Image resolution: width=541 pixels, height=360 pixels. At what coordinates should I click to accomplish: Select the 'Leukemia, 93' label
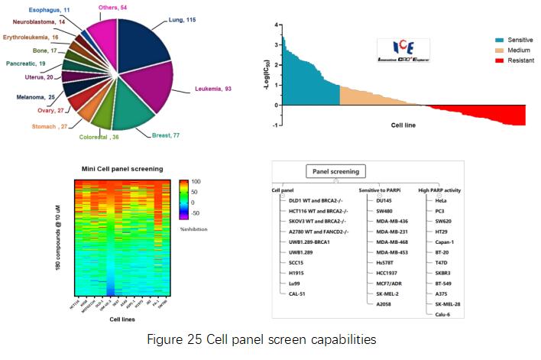(x=212, y=89)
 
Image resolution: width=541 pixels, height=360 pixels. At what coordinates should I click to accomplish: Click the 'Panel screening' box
(x=336, y=170)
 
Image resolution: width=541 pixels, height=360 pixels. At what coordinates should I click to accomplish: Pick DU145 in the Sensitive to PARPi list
(x=374, y=199)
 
